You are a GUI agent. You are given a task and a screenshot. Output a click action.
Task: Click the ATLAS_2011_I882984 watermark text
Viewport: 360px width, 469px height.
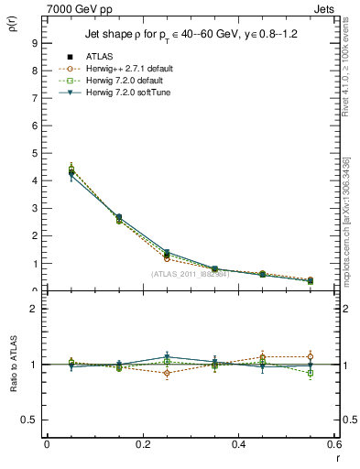pyautogui.click(x=190, y=274)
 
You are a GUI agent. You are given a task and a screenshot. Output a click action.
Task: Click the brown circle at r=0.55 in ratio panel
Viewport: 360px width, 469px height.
pyautogui.click(x=311, y=356)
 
